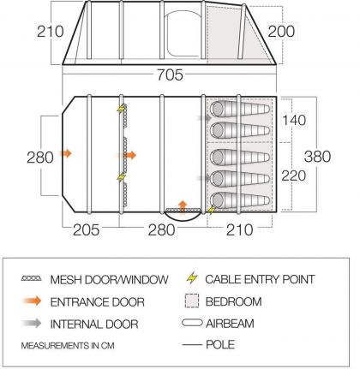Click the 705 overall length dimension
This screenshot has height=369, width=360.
click(x=170, y=75)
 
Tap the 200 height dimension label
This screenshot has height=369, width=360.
click(x=281, y=31)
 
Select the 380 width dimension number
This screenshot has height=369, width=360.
click(x=317, y=157)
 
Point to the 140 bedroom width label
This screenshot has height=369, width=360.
click(x=294, y=120)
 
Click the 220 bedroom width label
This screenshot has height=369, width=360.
click(x=294, y=176)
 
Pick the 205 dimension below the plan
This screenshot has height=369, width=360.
click(x=86, y=229)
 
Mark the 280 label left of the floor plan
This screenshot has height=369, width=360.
click(x=40, y=158)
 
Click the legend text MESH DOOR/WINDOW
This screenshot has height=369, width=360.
click(x=109, y=279)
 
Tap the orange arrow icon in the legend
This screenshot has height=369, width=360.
click(x=32, y=301)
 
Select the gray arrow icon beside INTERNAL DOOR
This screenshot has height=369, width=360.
click(x=32, y=324)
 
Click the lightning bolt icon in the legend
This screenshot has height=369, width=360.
click(x=192, y=277)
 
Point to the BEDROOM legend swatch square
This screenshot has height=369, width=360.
click(x=192, y=301)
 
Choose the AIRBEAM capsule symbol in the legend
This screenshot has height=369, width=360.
click(x=192, y=323)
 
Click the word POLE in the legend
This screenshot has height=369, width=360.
click(x=220, y=345)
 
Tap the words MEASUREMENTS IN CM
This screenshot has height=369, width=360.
click(x=68, y=346)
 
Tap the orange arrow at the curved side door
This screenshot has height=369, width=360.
click(x=183, y=207)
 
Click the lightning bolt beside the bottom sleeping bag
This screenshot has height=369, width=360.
click(x=211, y=210)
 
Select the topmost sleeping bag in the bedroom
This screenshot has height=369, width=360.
click(x=240, y=109)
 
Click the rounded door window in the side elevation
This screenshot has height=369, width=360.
click(x=183, y=34)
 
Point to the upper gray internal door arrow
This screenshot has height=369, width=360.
click(x=204, y=117)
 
